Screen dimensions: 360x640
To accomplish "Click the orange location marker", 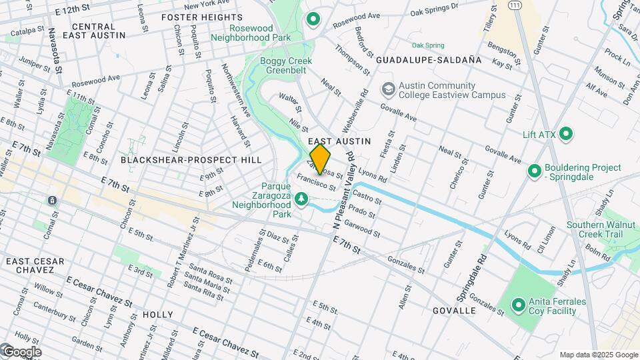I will click(320, 159).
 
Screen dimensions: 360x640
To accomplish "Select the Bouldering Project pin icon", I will click(534, 171).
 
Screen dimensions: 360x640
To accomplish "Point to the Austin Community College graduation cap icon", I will click(388, 89).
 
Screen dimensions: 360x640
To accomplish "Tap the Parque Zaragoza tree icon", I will click(301, 198).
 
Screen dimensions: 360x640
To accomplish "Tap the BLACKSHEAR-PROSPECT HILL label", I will click(191, 160).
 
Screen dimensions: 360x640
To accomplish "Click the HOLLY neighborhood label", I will click(157, 315).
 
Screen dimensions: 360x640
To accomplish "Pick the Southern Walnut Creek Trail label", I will click(594, 230).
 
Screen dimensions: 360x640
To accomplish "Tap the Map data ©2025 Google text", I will click(598, 355).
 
